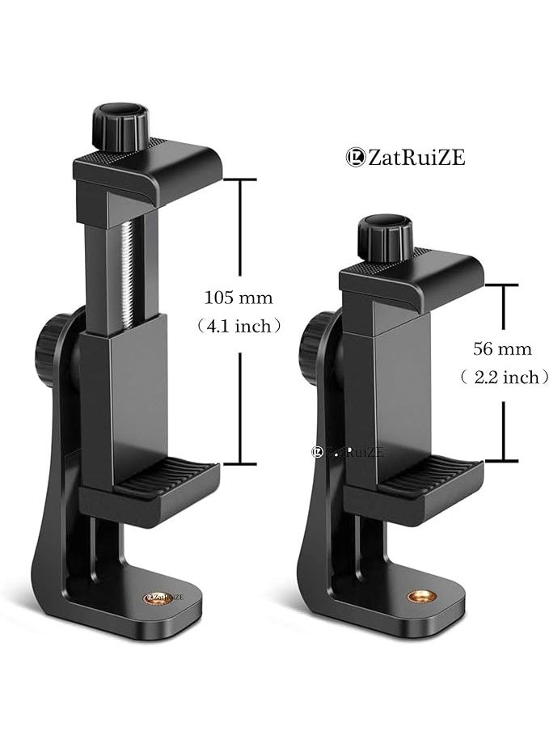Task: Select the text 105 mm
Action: point(239,298)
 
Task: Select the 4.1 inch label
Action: point(239,326)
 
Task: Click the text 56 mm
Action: point(502,349)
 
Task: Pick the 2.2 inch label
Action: point(502,377)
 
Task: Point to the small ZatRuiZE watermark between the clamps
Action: point(348,453)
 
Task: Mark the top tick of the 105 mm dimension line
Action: point(242,180)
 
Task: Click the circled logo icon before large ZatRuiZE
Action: point(353,158)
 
